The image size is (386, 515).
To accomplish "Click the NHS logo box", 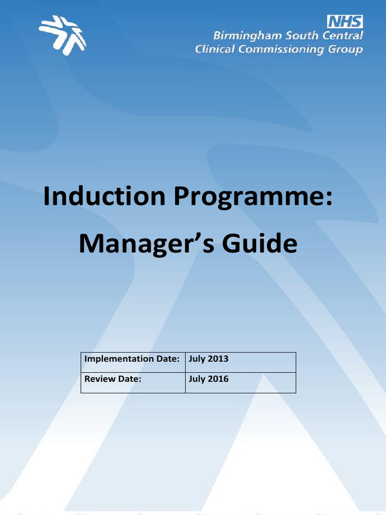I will coord(345,22).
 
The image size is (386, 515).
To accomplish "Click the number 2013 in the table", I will coord(218,359).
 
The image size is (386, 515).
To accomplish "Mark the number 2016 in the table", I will coord(218,379).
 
